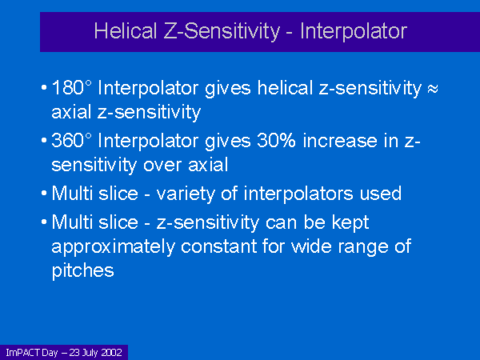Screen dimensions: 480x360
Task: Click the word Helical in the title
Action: [x=126, y=31]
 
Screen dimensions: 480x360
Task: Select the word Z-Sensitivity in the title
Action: [x=222, y=32]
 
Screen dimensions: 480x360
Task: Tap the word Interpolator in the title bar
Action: [x=354, y=31]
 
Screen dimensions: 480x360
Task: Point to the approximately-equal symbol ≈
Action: [x=432, y=89]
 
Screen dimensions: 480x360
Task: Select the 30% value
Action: [x=276, y=141]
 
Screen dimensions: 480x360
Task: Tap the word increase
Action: [x=350, y=141]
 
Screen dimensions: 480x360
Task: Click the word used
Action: [x=381, y=194]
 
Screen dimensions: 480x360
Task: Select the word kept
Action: [x=350, y=222]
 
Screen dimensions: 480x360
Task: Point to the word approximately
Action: [x=114, y=246]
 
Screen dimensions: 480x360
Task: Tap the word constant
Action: [x=218, y=246]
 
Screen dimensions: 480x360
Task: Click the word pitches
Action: [x=82, y=270]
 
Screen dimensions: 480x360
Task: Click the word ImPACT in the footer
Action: [x=23, y=353]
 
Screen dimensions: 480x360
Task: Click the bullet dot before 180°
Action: [x=44, y=88]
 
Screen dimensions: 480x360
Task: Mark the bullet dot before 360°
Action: [x=44, y=141]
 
